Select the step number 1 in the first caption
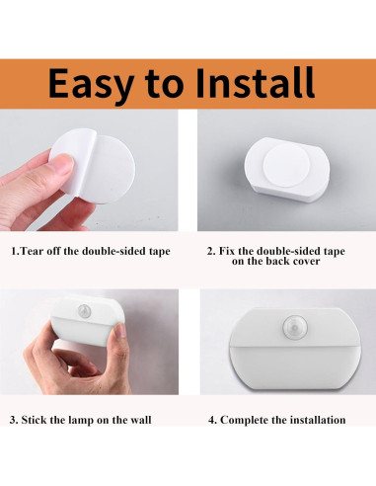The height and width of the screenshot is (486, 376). click(13, 251)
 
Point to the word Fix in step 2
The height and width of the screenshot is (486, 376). click(229, 251)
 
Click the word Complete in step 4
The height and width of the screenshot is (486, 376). click(246, 420)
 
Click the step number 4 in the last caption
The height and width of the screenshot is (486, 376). click(211, 420)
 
